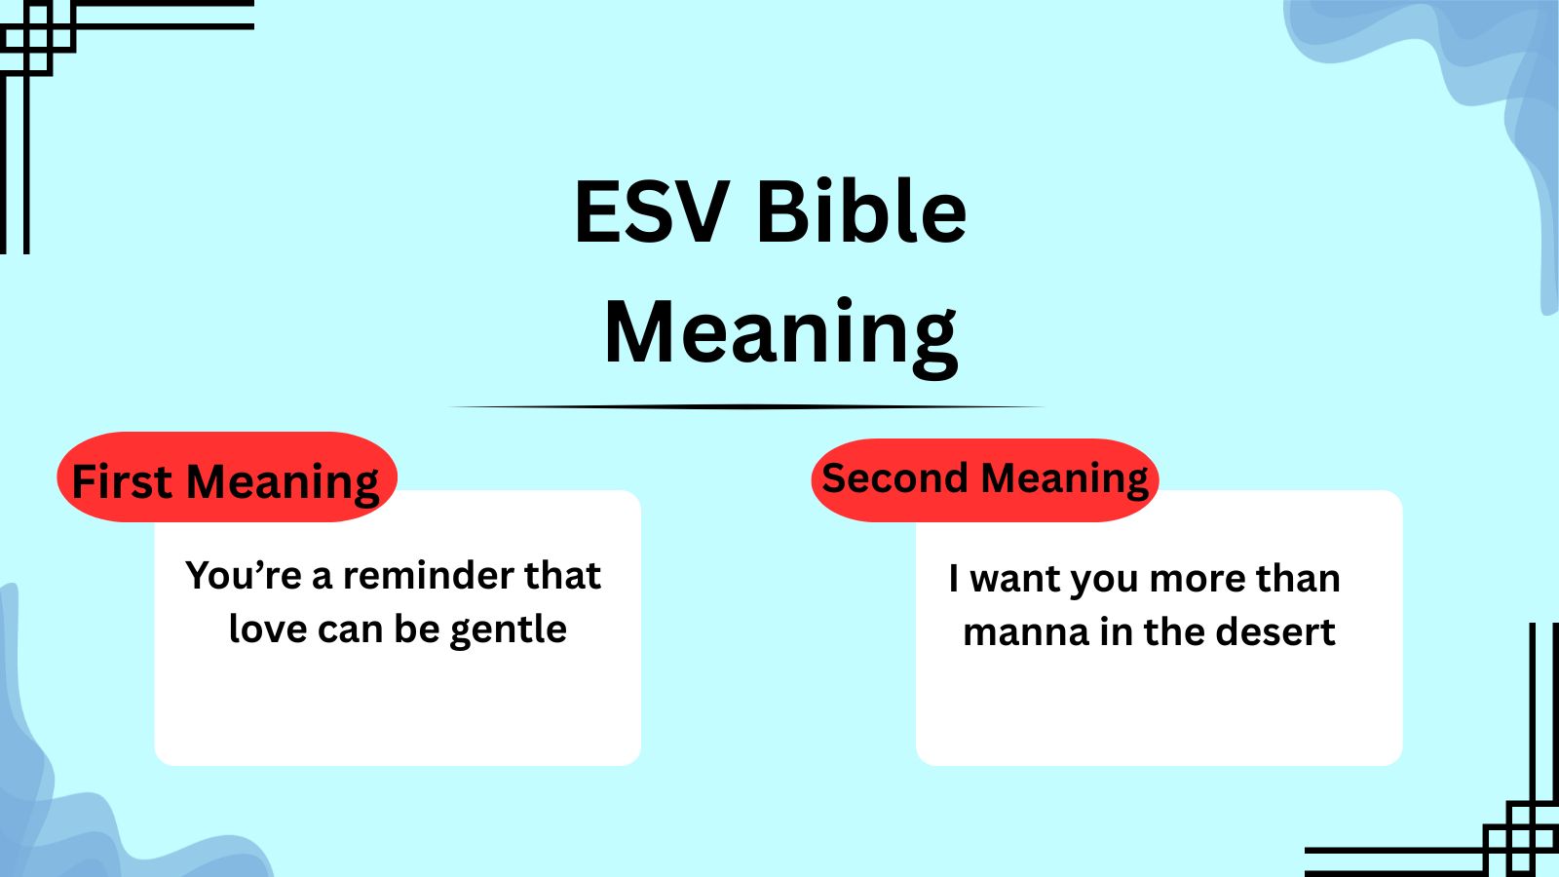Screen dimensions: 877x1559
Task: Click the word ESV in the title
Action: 651,211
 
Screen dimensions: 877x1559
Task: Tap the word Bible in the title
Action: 860,211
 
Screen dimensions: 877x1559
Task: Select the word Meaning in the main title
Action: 780,332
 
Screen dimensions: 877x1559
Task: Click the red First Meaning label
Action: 226,478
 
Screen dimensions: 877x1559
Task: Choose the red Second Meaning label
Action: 984,478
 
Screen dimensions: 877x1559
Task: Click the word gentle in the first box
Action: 508,630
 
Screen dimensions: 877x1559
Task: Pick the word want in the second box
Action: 1013,580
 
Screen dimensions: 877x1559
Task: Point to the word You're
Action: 244,575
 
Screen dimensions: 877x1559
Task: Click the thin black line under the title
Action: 745,407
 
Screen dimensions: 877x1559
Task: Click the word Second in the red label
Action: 894,478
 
